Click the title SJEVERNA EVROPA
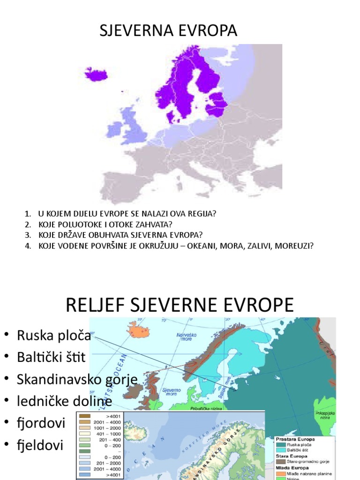[168, 31]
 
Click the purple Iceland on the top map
[96, 74]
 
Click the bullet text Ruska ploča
[54, 336]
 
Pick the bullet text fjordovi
[41, 423]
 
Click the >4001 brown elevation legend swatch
[86, 416]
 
